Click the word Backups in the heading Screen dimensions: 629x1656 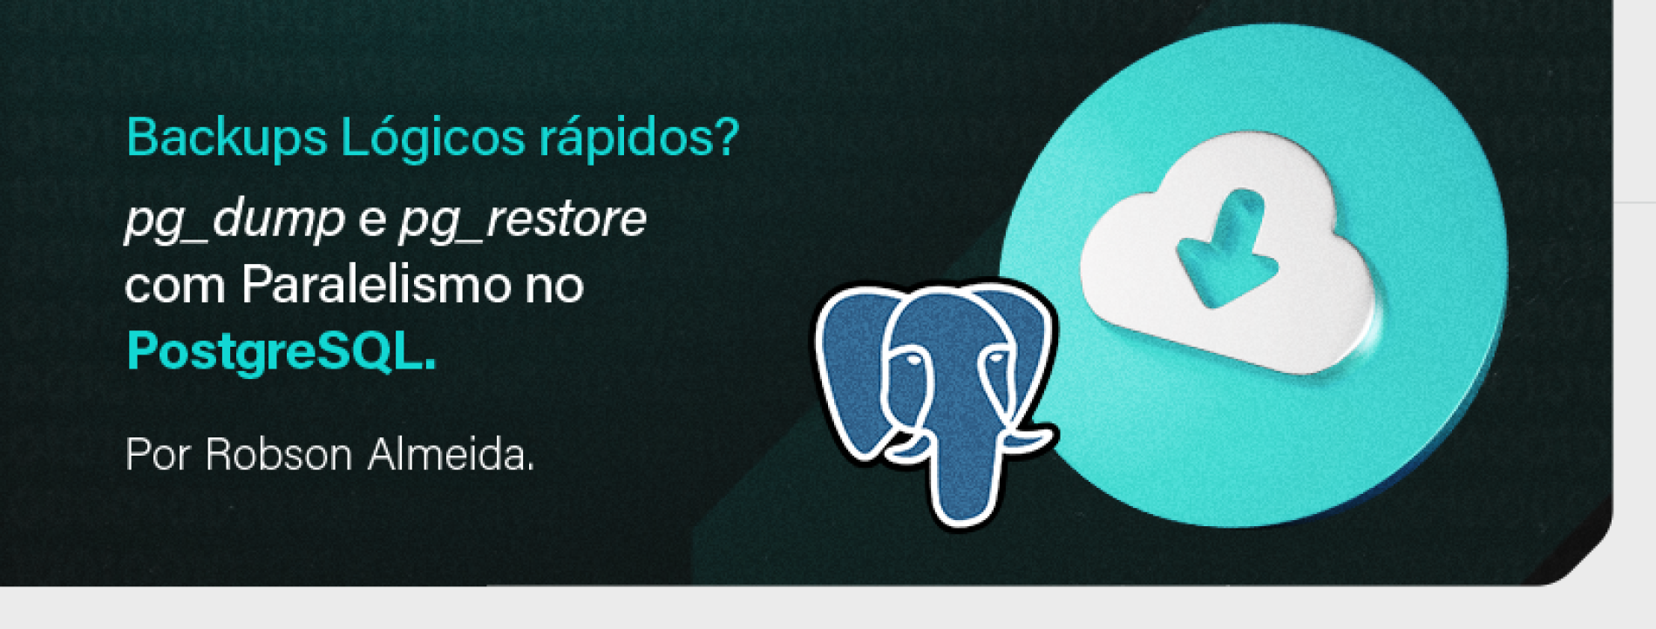(x=226, y=138)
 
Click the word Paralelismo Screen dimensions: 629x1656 (x=376, y=285)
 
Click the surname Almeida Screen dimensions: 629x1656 (x=450, y=455)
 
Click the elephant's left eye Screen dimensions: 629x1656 (x=909, y=360)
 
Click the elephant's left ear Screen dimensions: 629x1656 (x=850, y=366)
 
